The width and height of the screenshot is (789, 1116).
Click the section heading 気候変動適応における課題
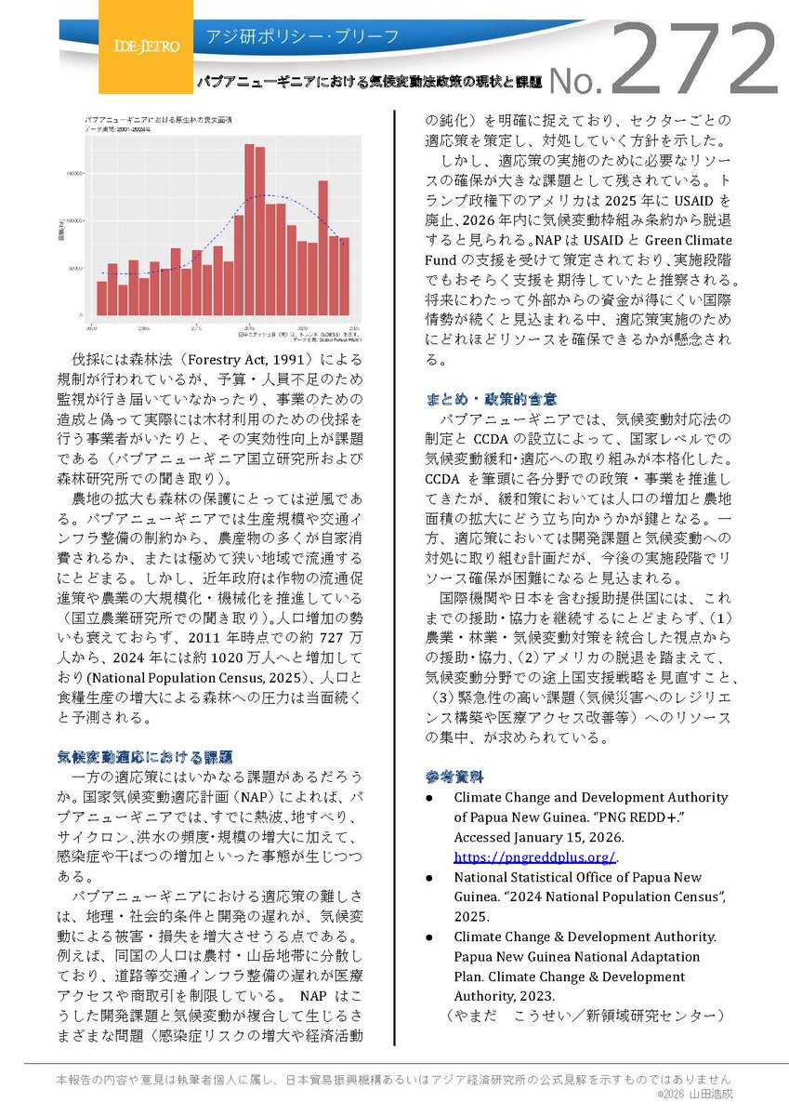pos(144,756)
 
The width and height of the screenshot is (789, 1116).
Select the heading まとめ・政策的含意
pos(492,398)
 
